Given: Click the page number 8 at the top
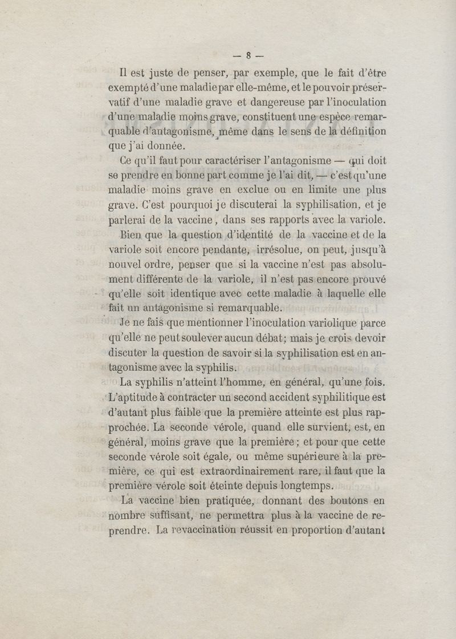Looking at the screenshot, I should [x=249, y=56].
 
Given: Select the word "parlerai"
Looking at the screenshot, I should [x=128, y=219].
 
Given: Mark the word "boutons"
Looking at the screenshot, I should [x=346, y=501].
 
